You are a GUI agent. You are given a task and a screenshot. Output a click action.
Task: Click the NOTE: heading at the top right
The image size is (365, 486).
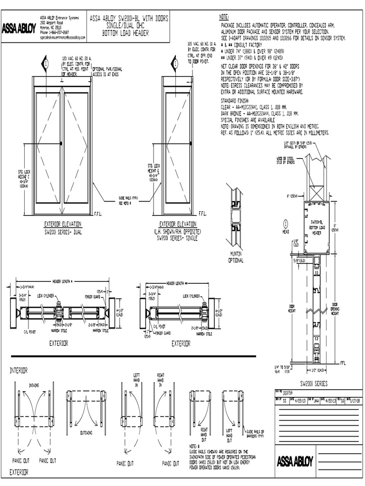click(225, 17)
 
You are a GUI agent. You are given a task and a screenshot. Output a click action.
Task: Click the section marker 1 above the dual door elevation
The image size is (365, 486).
click(46, 64)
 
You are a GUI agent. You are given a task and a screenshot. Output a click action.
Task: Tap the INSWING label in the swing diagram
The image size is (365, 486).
click(34, 385)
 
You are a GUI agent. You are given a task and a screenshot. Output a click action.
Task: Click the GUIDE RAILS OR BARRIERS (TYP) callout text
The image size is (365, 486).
click(259, 434)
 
